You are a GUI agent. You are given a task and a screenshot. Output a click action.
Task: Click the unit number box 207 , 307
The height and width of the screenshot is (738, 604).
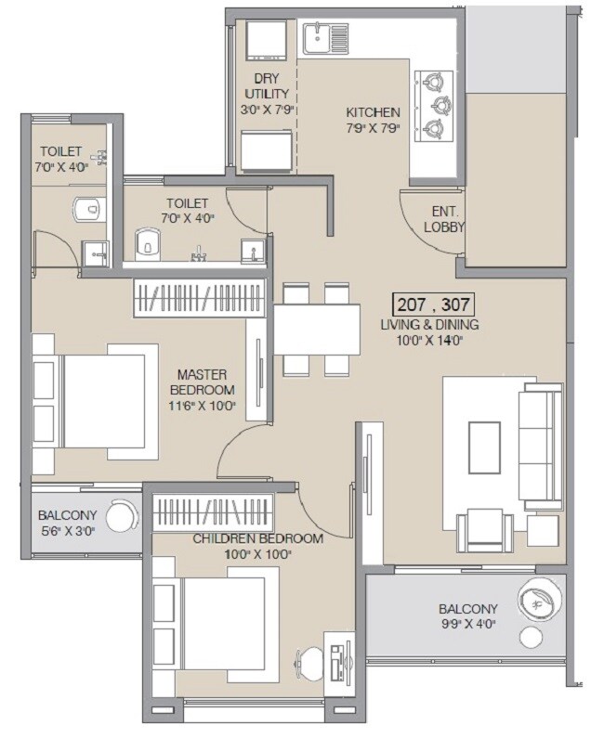tap(433, 304)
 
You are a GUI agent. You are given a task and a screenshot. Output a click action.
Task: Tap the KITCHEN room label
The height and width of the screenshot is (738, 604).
tap(373, 112)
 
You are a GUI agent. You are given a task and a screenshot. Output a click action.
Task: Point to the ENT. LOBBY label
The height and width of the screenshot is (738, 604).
tap(443, 218)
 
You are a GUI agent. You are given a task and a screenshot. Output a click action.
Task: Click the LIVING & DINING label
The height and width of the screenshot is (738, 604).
tap(428, 325)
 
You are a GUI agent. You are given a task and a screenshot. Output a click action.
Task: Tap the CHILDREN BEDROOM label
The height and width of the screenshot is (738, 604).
tap(257, 538)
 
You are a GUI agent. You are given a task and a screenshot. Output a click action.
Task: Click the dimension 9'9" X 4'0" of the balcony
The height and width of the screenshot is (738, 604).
tap(468, 625)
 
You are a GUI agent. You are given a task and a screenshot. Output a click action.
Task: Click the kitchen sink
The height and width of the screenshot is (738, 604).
tap(325, 39)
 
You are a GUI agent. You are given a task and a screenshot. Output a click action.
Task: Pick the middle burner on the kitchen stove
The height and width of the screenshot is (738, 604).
tap(434, 105)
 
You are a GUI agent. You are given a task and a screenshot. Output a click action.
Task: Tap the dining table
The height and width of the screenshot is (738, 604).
tap(316, 330)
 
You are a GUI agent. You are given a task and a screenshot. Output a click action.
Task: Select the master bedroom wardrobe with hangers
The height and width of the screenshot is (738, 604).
tap(200, 298)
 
